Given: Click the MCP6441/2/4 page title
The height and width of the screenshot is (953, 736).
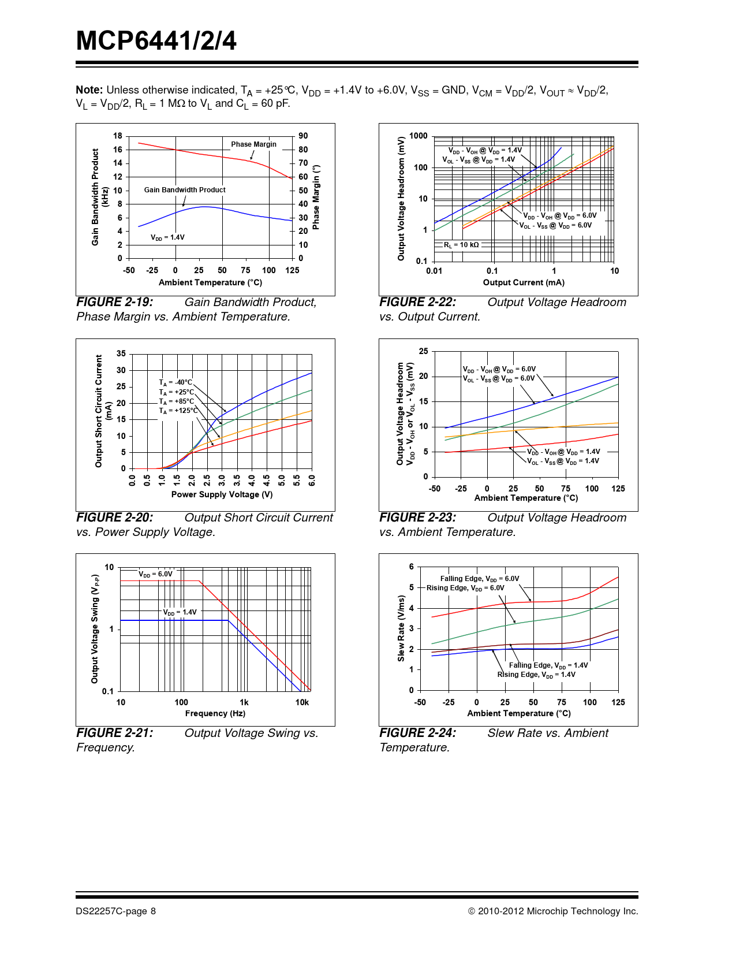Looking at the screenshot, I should [x=156, y=41].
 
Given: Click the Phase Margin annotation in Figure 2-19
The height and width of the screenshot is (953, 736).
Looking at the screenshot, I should [x=253, y=144].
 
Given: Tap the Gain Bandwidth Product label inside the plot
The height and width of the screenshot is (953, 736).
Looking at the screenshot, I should [x=185, y=190].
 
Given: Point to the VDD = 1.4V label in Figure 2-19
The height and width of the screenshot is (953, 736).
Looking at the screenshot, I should [x=167, y=237].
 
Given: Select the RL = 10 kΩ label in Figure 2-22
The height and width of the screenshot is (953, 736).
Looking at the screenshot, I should [x=461, y=245].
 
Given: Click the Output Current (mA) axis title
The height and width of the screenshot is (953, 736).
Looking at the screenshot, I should [x=524, y=282].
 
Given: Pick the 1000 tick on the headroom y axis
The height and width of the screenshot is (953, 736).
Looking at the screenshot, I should [x=418, y=136].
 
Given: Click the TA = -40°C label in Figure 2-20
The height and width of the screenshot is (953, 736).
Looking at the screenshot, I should [x=175, y=382].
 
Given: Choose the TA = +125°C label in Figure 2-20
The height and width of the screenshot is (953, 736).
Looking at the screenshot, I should [x=178, y=411].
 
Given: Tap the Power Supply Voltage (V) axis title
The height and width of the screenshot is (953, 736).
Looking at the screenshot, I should [x=222, y=494].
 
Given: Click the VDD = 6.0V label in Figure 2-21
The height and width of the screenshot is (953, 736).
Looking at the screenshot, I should [x=155, y=574].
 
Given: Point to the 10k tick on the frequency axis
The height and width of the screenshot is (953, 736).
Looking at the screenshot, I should [x=302, y=702].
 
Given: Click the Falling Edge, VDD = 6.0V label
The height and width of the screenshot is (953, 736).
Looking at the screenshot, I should [x=479, y=579].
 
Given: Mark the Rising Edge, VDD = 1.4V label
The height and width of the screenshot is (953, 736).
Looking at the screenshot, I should [x=536, y=675].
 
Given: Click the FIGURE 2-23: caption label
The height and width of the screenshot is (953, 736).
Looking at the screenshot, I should [x=417, y=518].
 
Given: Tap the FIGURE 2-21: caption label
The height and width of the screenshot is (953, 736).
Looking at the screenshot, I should [x=115, y=733].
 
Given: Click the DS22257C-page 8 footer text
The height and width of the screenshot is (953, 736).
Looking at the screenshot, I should [x=115, y=911].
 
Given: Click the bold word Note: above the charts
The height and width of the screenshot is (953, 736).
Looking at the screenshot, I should [x=89, y=90].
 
